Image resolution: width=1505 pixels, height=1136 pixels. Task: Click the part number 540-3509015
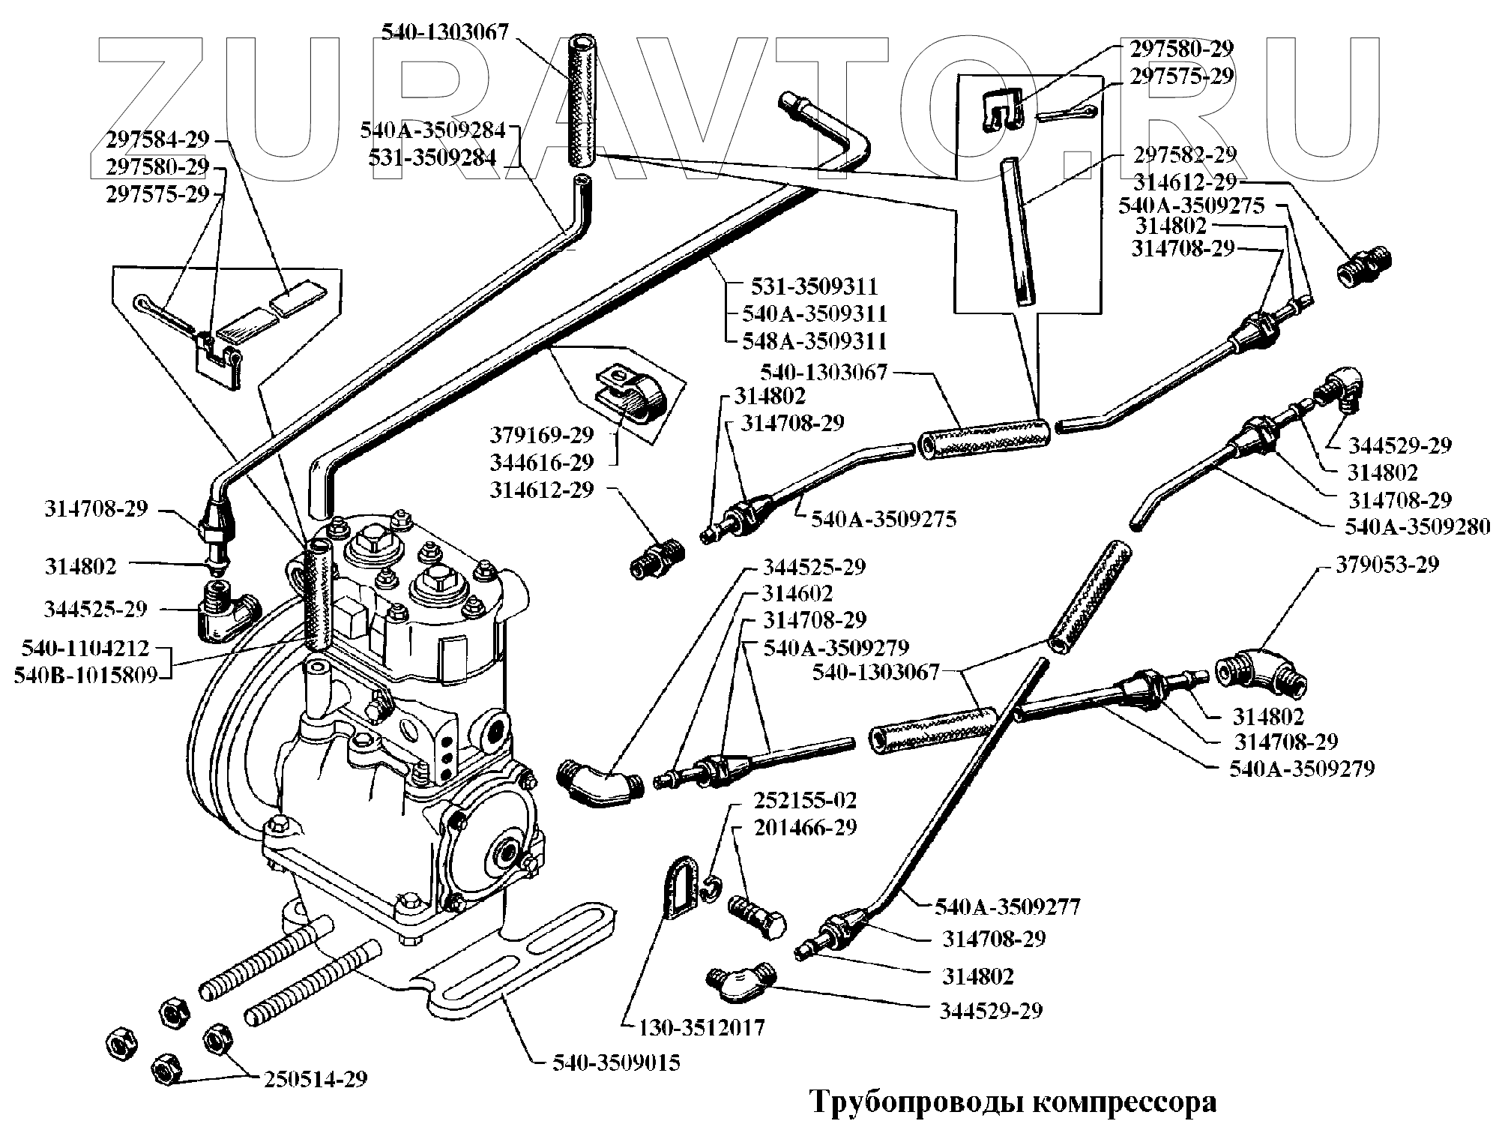click(x=616, y=1063)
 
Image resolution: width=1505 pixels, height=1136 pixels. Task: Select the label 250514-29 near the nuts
click(x=315, y=1079)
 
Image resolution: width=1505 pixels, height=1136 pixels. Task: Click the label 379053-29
click(x=1387, y=564)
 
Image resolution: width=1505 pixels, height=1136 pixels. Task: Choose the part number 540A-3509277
click(x=1007, y=907)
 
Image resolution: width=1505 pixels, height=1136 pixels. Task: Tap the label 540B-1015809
click(x=85, y=675)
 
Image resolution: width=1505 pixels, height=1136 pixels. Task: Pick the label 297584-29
click(x=157, y=139)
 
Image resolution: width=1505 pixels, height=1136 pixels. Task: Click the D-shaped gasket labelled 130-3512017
click(x=682, y=888)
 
